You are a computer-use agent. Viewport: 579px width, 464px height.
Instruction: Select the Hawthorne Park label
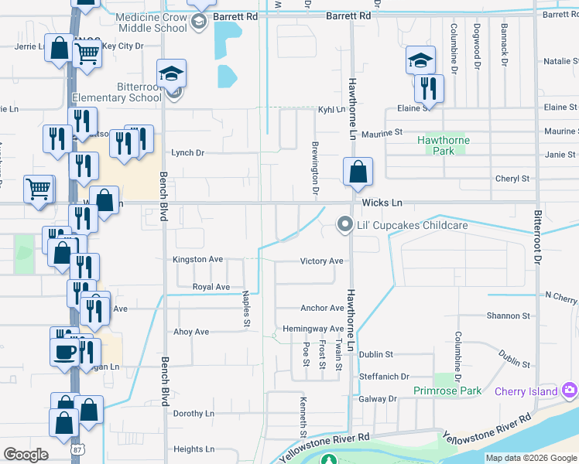[x=443, y=145]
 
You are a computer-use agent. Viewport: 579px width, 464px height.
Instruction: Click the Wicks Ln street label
[x=382, y=203]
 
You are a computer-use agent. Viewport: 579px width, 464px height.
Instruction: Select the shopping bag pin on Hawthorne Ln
[x=358, y=172]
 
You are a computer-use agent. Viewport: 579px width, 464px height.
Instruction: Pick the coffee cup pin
[x=64, y=351]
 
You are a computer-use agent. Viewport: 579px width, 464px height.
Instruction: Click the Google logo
[x=26, y=454]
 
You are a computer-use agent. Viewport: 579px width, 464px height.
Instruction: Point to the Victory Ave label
[x=321, y=261]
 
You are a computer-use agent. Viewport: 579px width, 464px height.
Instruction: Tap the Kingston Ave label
[x=197, y=260]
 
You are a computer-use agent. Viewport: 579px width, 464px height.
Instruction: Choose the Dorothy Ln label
[x=194, y=414]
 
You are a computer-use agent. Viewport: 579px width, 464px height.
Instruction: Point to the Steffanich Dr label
[x=384, y=377]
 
